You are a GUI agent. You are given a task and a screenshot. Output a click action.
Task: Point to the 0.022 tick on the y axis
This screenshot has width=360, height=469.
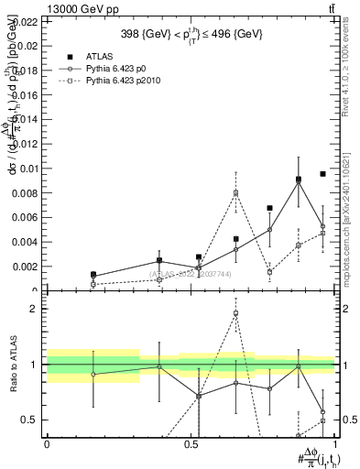pyautogui.click(x=25, y=20)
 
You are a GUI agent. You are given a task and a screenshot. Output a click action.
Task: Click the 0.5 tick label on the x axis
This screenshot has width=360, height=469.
pyautogui.click(x=191, y=443)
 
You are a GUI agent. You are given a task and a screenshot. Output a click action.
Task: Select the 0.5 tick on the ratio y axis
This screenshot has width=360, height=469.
pyautogui.click(x=27, y=420)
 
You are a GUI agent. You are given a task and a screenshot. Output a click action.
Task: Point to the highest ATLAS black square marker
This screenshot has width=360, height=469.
pyautogui.click(x=323, y=174)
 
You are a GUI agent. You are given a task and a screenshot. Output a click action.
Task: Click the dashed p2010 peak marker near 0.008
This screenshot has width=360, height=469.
pyautogui.click(x=236, y=192)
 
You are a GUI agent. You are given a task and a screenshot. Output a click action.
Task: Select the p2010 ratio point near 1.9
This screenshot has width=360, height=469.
pyautogui.click(x=236, y=313)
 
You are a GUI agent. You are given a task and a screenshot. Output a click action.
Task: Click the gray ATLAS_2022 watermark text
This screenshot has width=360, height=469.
pyautogui.click(x=191, y=274)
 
